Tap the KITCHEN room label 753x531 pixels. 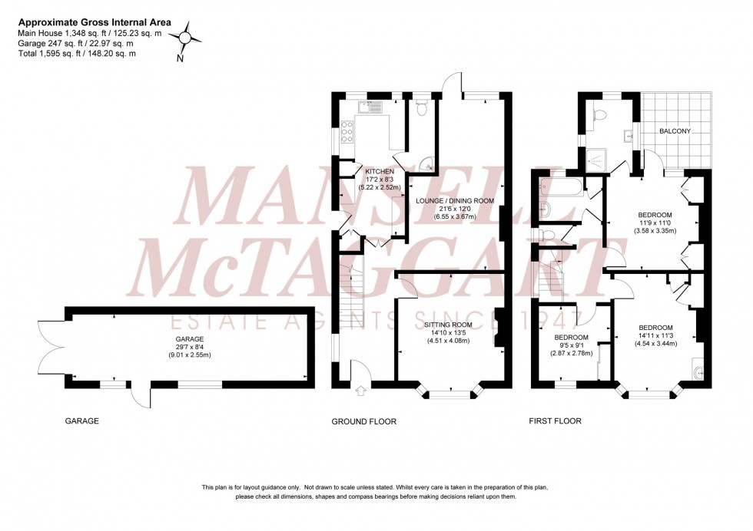pos(380,171)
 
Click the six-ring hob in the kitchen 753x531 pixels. pos(347,134)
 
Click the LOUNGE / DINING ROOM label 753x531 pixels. pos(456,201)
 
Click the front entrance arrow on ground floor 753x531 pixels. pos(362,394)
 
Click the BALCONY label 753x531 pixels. pos(675,131)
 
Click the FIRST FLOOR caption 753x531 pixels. pos(555,421)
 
